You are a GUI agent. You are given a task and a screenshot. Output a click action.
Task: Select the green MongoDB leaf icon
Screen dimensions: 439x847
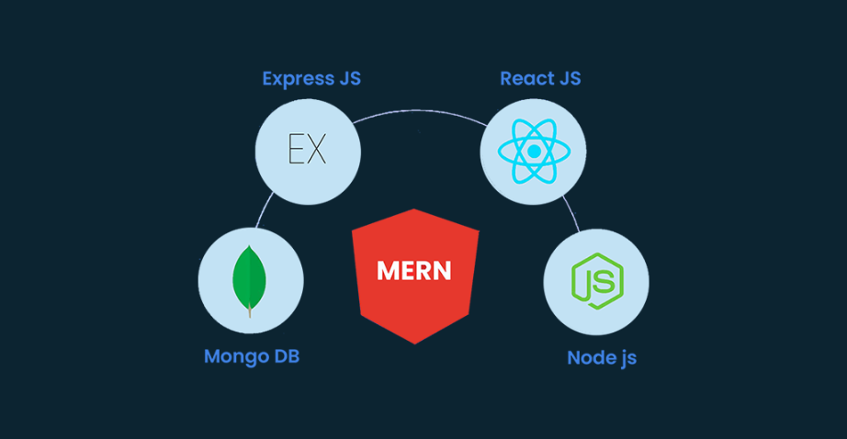250,278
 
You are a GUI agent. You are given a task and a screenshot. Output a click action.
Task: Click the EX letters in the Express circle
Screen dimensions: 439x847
307,150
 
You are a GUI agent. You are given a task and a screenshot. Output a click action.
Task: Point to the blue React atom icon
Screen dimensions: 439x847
533,151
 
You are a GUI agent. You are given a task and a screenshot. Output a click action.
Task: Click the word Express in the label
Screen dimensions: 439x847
294,78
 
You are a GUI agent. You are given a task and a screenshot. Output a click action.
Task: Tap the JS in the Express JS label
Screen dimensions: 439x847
347,78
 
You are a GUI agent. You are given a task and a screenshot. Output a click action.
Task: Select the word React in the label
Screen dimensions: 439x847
526,78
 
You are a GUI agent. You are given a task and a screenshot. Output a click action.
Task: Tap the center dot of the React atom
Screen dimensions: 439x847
533,151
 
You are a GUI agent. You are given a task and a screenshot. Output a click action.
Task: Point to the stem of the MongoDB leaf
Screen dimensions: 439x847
250,310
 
